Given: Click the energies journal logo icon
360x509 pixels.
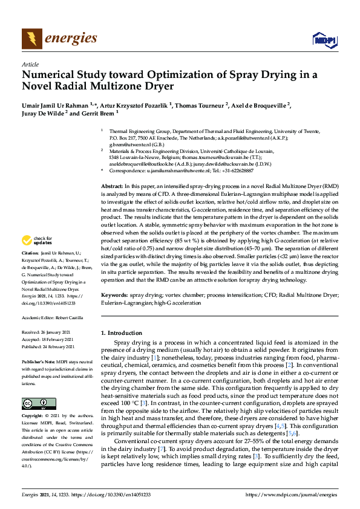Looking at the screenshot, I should coord(31,39).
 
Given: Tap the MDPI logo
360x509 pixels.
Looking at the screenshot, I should coord(324,41).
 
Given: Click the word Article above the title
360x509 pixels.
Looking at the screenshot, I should coord(30,65).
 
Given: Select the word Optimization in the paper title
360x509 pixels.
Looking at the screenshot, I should coord(166,76).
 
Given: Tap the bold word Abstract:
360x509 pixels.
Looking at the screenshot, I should coord(112,187).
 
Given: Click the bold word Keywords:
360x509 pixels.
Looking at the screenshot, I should coord(114,294).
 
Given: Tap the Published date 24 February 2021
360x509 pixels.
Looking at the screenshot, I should coord(56,347).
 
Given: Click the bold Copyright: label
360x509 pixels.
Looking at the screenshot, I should coord(33,417).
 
